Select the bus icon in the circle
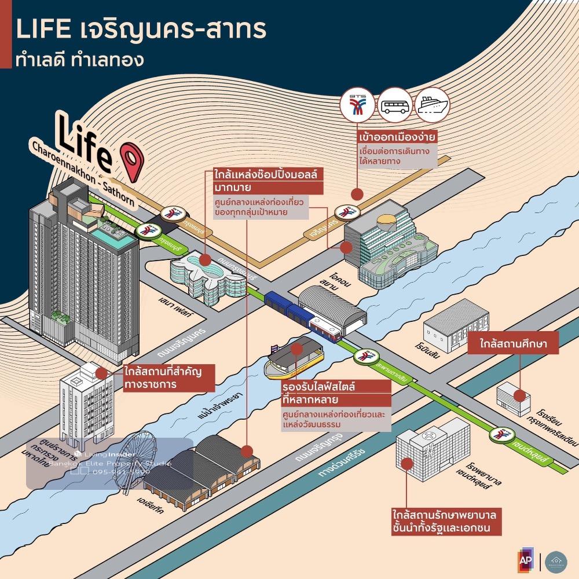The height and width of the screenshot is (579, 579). [x=395, y=105]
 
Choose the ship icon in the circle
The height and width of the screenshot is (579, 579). [x=433, y=104]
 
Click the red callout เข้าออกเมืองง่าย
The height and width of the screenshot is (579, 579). [x=396, y=137]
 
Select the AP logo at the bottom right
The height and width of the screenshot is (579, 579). [x=526, y=560]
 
